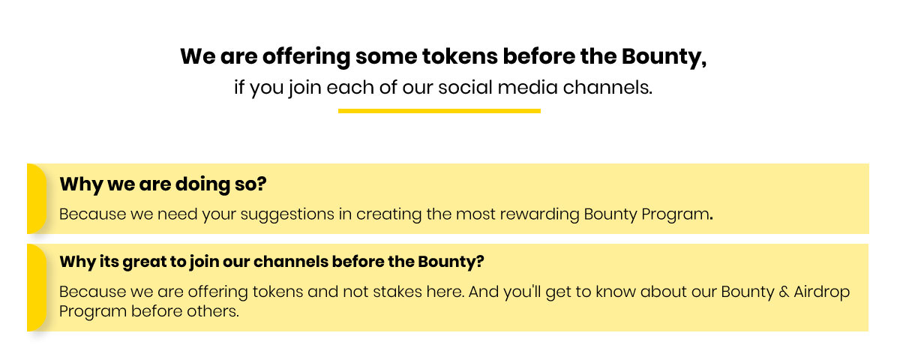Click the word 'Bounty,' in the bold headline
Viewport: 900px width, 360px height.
tap(664, 57)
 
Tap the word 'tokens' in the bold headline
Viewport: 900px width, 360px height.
tap(460, 56)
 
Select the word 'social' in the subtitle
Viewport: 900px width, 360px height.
tap(465, 87)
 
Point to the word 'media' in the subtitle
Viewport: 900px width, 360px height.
tap(527, 87)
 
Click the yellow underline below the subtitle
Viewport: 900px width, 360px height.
tap(439, 111)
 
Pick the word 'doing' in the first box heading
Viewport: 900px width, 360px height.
tap(202, 184)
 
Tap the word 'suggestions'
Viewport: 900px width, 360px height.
tap(287, 214)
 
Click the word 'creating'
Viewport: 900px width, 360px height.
tap(389, 214)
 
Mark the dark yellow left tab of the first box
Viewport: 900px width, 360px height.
tap(37, 199)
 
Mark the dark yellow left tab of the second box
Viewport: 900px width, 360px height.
tap(37, 288)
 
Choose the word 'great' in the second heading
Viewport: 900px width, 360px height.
tap(144, 262)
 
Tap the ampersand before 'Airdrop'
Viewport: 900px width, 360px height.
tap(784, 292)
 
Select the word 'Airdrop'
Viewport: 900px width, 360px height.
tap(822, 292)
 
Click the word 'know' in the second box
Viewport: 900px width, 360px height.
tap(616, 292)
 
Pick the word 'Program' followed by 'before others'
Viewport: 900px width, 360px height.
tap(93, 312)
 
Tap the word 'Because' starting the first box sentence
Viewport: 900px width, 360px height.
tap(92, 214)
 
